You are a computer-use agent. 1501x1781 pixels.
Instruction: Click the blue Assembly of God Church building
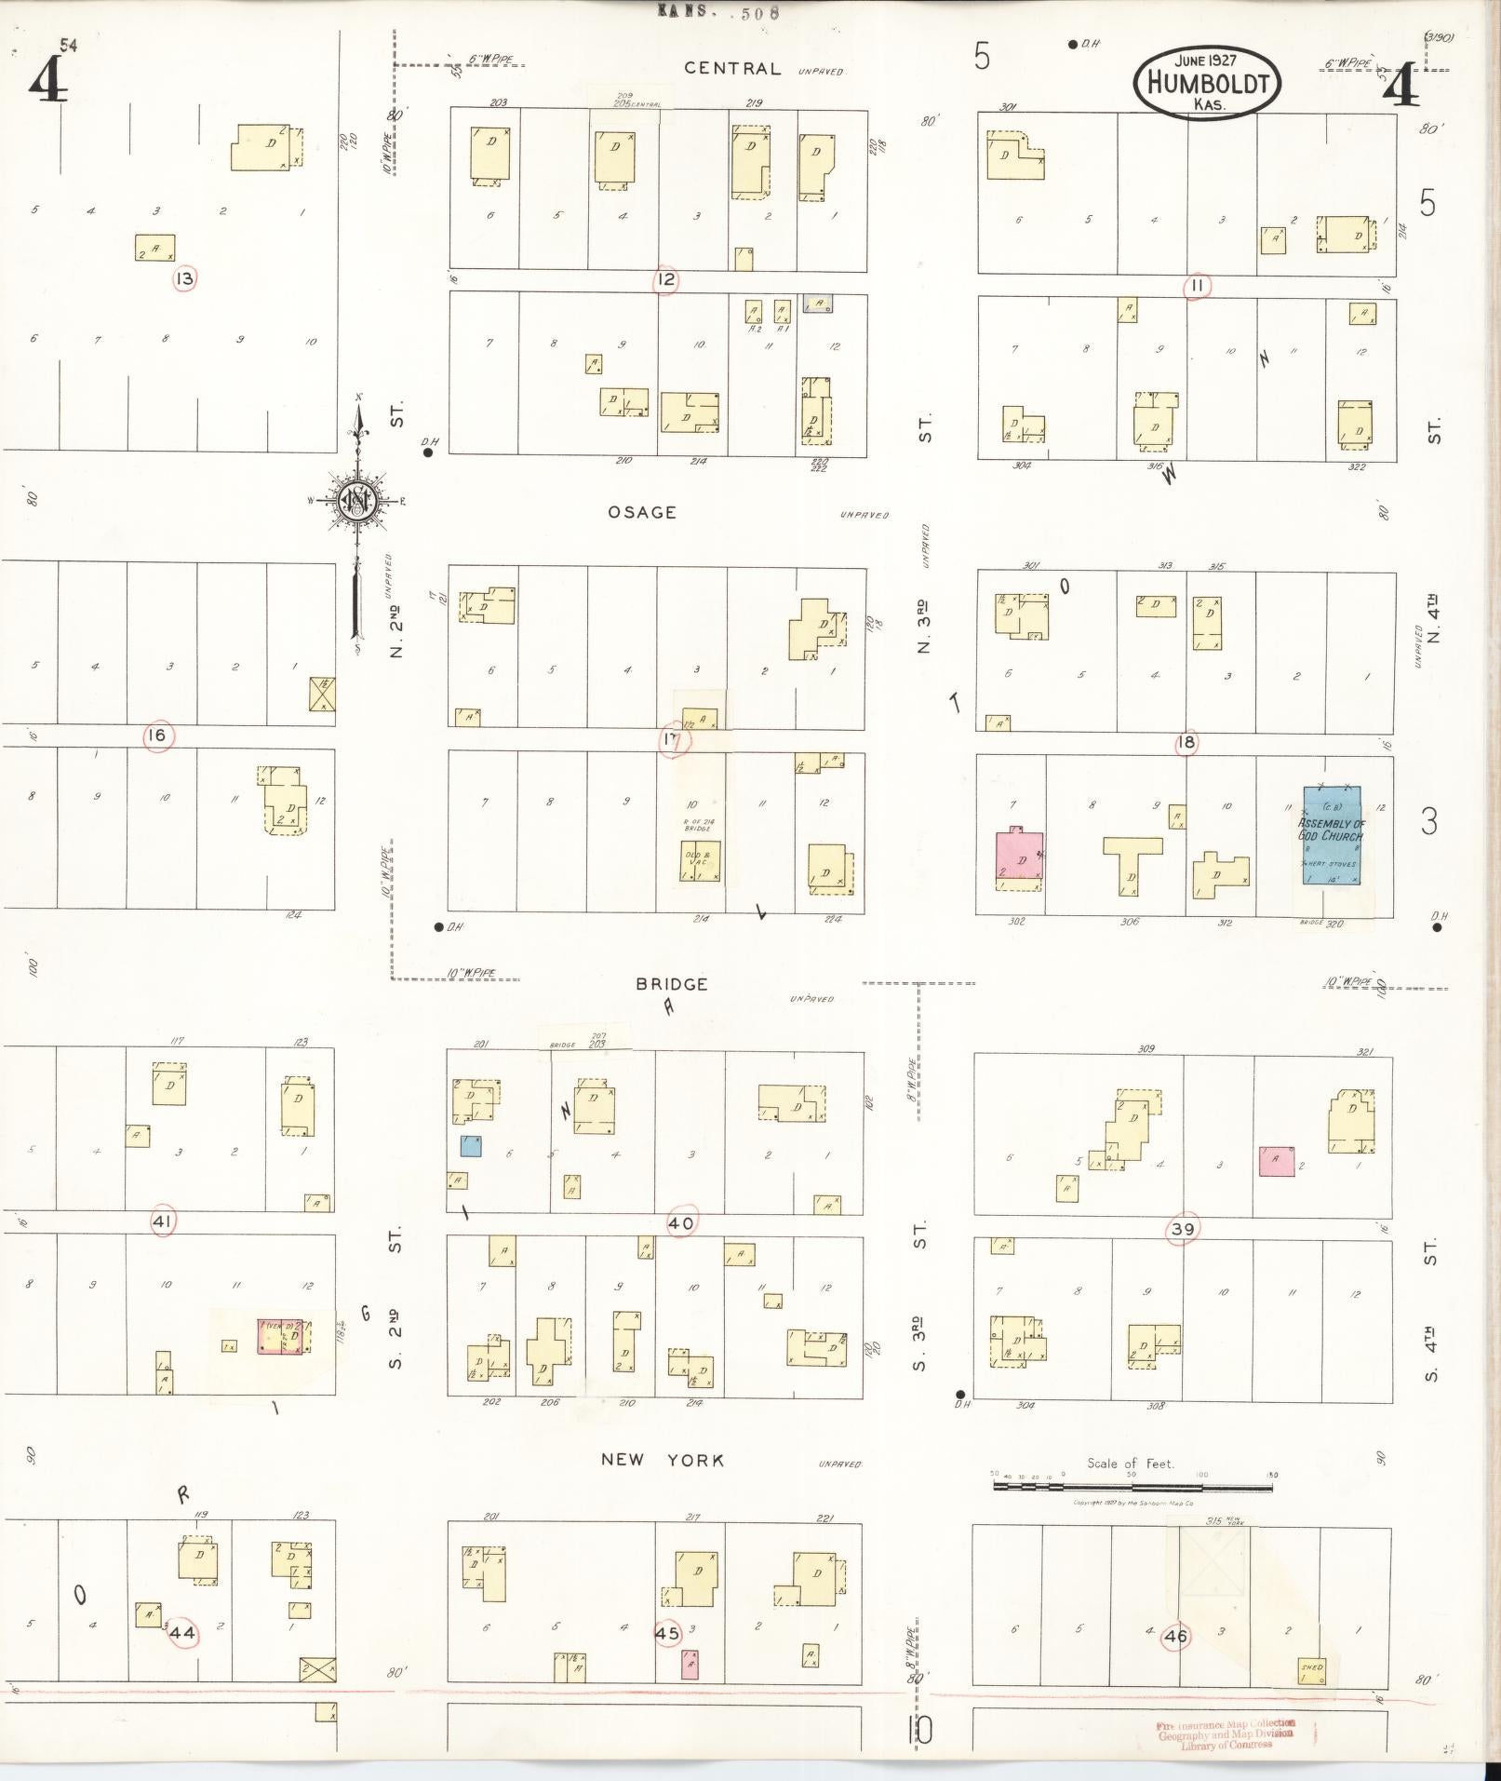(x=1331, y=836)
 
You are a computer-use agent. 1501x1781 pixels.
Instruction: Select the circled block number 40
(x=681, y=1223)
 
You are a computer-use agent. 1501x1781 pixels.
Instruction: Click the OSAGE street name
(x=642, y=512)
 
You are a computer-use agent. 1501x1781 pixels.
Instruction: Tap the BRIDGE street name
(x=672, y=984)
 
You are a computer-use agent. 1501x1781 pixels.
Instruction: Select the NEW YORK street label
(x=662, y=1460)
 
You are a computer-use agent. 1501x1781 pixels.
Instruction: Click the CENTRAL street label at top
(x=732, y=68)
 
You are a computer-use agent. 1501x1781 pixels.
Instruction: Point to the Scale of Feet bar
(x=1132, y=1487)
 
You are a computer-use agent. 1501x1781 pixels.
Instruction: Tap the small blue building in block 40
(x=471, y=1146)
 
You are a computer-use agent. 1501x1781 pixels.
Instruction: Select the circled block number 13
(x=185, y=277)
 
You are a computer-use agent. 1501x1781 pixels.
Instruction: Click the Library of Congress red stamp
(x=1226, y=1734)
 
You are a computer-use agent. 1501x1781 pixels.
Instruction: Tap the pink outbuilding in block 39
(x=1276, y=1161)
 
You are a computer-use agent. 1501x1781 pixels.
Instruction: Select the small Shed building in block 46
(x=1312, y=1671)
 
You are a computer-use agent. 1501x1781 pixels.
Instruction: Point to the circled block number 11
(x=1197, y=286)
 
